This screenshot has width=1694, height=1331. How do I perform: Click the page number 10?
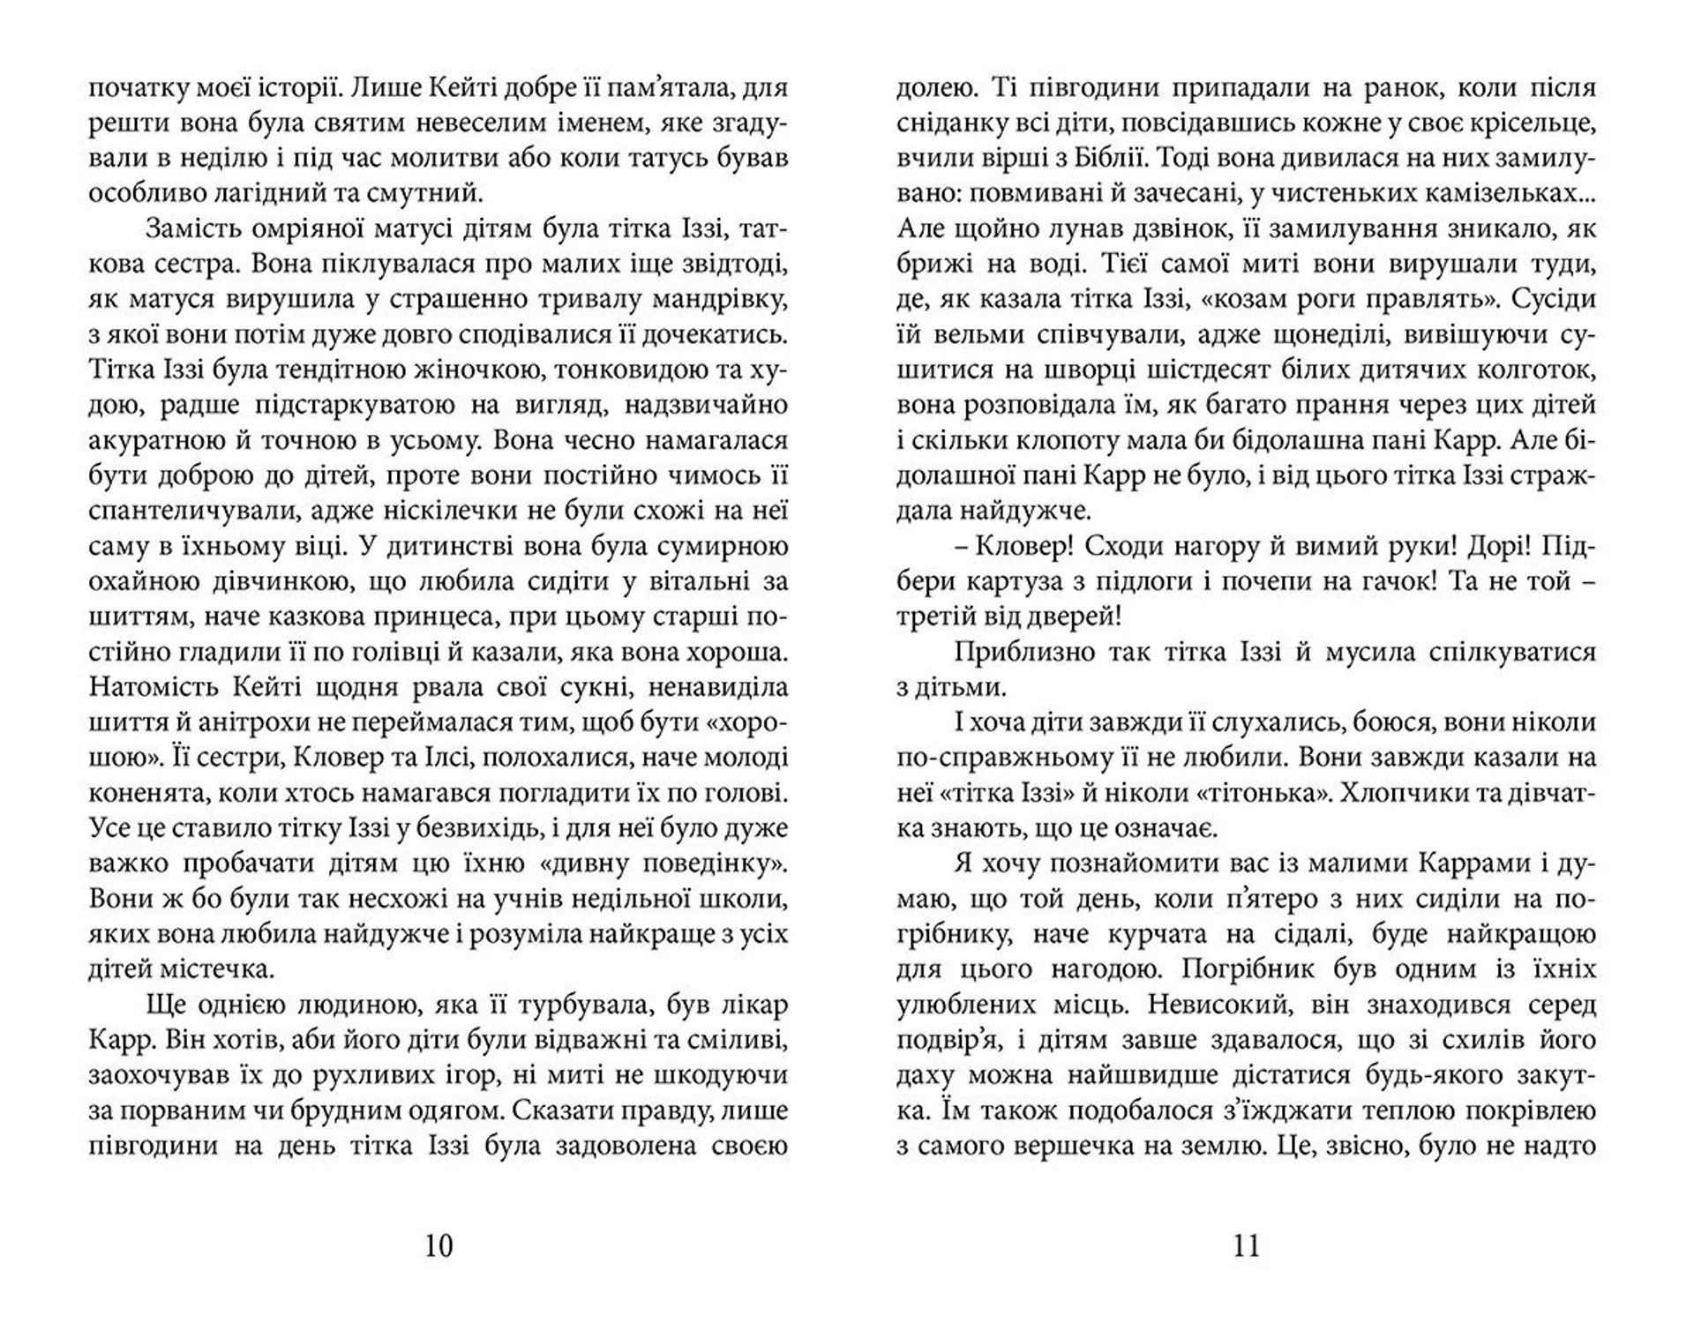[x=438, y=1245]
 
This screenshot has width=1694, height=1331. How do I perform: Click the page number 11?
[x=1247, y=1245]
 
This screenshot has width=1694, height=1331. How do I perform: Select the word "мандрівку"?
[x=713, y=300]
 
